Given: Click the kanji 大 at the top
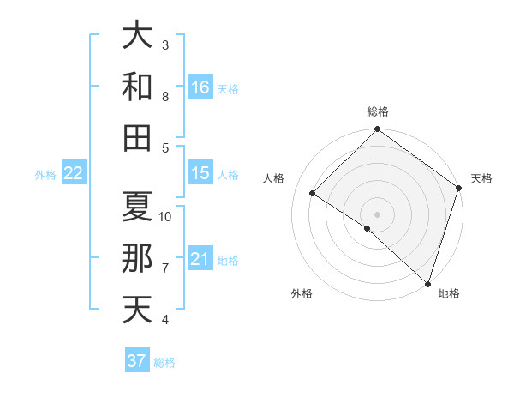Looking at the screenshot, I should tap(137, 35).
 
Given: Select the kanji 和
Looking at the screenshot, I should tap(137, 87).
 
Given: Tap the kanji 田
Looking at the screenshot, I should tap(137, 138).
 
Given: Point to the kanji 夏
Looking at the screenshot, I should tap(137, 206).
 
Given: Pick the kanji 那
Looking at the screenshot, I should tap(137, 258).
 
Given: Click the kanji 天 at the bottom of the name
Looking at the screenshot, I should tap(137, 310).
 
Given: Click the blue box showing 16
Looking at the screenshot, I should tap(200, 87).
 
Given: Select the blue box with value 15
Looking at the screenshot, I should tap(200, 173).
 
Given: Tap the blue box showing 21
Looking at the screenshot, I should tap(200, 259).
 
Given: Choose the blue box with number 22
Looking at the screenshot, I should tap(74, 173).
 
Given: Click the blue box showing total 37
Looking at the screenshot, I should tap(137, 361).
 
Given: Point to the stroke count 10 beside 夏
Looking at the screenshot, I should tap(165, 216).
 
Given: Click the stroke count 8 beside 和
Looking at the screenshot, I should tap(165, 97).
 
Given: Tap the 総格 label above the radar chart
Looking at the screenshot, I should tap(378, 111).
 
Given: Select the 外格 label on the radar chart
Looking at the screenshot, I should tap(302, 293).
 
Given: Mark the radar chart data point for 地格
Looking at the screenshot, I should tap(427, 283).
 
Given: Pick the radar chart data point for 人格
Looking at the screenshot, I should tap(313, 194).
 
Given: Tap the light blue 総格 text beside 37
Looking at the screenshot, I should tap(164, 363).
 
